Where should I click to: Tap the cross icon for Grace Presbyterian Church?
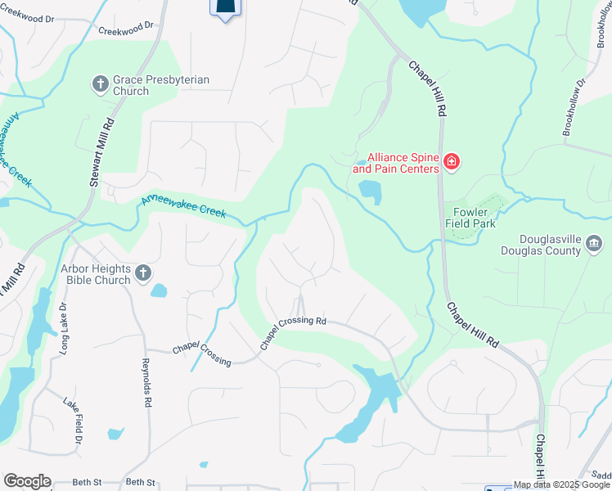click(101, 83)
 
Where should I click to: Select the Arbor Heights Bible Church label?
click(95, 274)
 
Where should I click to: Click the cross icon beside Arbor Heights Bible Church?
click(142, 274)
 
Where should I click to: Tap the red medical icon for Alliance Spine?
click(451, 163)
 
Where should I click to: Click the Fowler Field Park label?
click(470, 217)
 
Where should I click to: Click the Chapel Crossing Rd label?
click(293, 331)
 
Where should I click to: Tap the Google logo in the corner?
click(27, 480)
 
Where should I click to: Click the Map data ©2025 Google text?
click(561, 484)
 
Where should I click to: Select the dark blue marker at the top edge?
click(227, 8)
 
